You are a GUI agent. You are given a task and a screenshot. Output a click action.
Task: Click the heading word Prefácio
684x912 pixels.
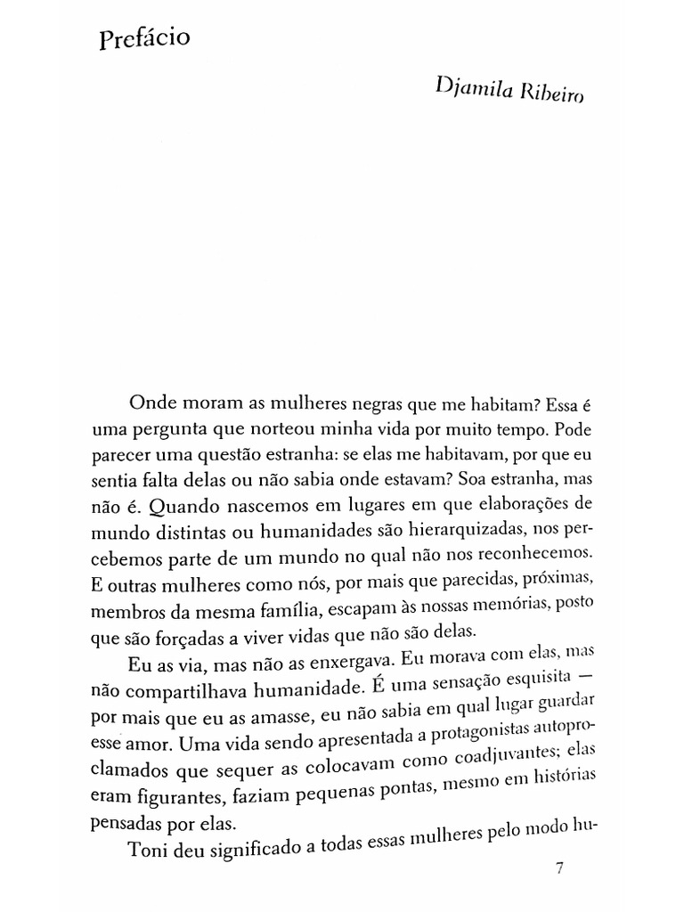point(144,42)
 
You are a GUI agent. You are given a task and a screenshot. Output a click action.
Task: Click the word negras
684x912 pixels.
point(346,403)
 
